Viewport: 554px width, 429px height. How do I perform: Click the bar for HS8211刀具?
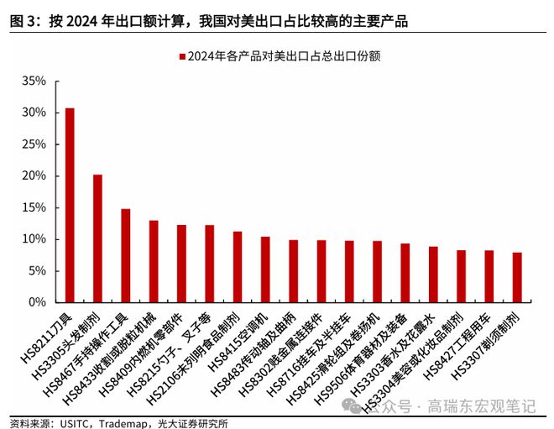[x=70, y=205]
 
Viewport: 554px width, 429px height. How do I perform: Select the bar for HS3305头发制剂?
[x=97, y=238]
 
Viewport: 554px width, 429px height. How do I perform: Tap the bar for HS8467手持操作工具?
[x=126, y=255]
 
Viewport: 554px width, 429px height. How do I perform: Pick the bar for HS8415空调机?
[x=265, y=269]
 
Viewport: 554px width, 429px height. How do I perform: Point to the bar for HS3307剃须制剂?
[x=517, y=277]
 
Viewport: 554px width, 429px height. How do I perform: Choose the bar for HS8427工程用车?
[x=489, y=276]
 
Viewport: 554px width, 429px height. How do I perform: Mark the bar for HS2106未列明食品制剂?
[x=238, y=267]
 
